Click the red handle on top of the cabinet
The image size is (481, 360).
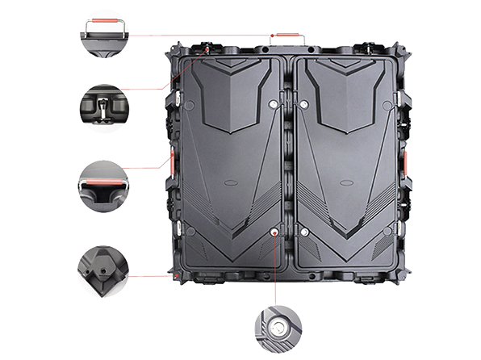[x=283, y=36]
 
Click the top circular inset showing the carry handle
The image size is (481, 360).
[x=102, y=33]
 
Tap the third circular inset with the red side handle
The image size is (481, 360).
[x=102, y=182]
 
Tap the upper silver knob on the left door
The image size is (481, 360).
[x=273, y=104]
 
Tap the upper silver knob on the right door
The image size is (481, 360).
[x=304, y=104]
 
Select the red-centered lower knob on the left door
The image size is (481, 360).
[x=275, y=232]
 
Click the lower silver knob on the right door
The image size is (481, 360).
[x=304, y=232]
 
